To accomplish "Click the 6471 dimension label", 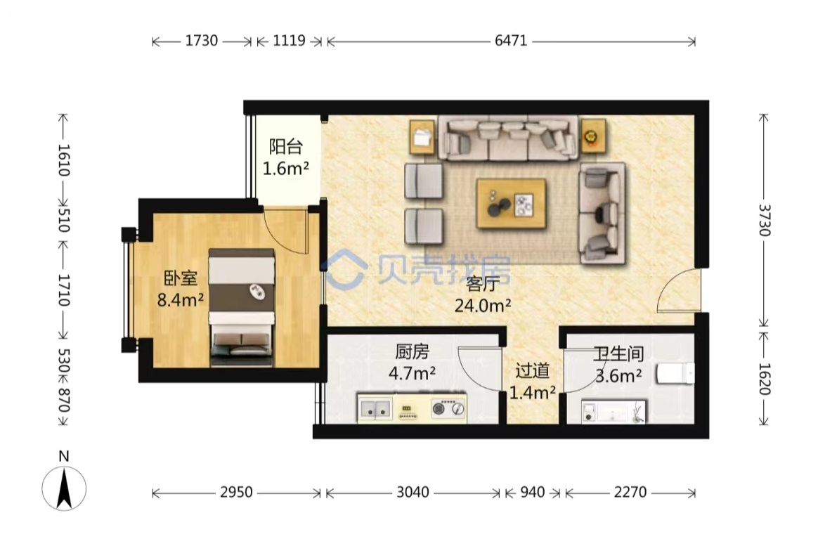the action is click(x=511, y=40).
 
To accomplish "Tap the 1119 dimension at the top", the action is click(x=289, y=40).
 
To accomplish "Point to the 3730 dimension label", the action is click(x=765, y=220).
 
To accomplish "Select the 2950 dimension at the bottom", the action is click(x=236, y=492).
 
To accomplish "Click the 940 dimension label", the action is click(x=533, y=492).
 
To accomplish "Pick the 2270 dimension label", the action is click(x=630, y=492).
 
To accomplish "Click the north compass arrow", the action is click(x=64, y=488).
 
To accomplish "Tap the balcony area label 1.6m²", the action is click(x=286, y=169).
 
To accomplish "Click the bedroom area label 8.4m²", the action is click(x=181, y=300).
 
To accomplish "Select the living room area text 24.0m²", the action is click(x=483, y=305).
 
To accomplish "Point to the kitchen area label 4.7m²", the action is click(x=412, y=373).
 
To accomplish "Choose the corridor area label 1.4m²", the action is click(x=532, y=392).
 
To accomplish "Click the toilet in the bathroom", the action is click(x=675, y=374).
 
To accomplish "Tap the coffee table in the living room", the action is click(x=512, y=204).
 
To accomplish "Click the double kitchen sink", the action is click(x=375, y=408).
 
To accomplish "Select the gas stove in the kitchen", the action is click(x=448, y=408).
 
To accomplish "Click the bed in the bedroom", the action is click(x=242, y=308).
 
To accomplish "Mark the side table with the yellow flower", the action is click(x=592, y=136).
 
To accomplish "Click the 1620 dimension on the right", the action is click(x=765, y=379).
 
